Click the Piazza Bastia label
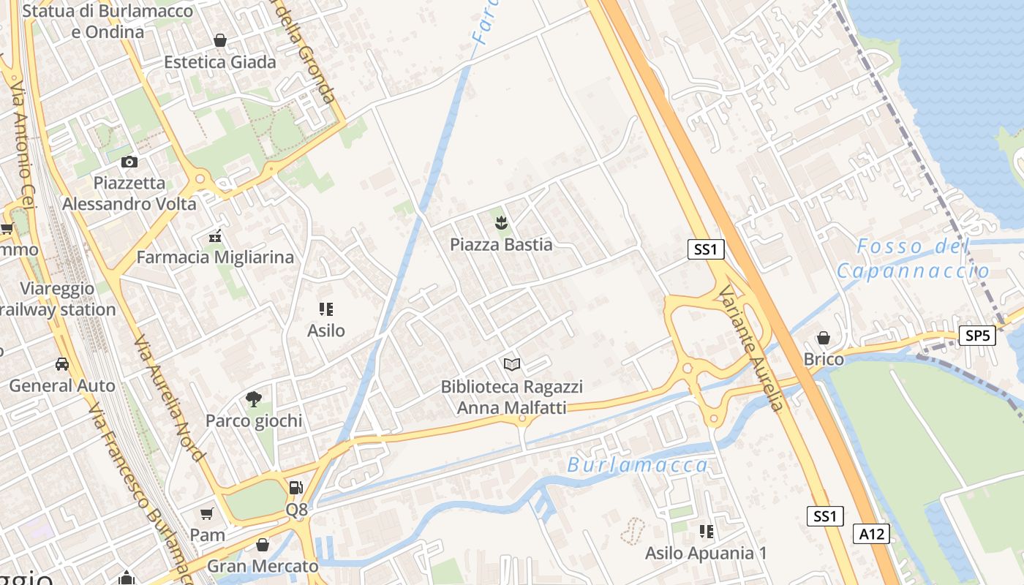tap(501, 244)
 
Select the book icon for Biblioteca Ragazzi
tap(512, 363)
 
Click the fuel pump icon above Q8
tap(295, 487)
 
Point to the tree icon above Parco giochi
tap(254, 399)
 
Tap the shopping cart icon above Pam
tap(207, 513)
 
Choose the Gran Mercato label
tap(263, 566)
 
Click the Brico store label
tap(824, 359)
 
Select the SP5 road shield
tap(977, 336)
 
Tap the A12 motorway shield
tap(872, 534)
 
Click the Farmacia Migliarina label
tap(215, 257)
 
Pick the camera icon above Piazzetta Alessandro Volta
tap(129, 162)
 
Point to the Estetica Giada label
tap(220, 62)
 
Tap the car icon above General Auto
tap(62, 363)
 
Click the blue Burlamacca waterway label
tap(637, 465)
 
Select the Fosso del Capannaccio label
tap(913, 258)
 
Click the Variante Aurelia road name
tap(750, 348)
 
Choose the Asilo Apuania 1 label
tap(706, 553)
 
